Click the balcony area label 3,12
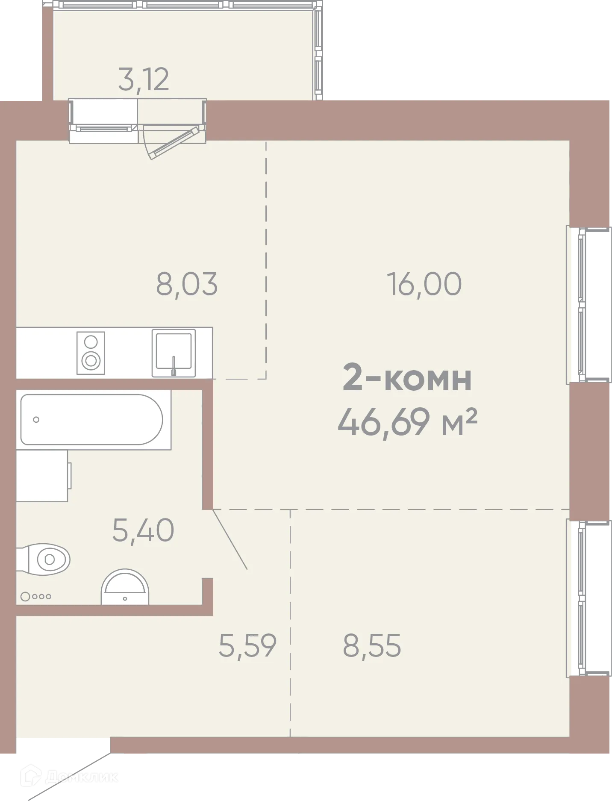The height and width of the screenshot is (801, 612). (144, 80)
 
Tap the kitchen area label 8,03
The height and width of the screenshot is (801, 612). (187, 284)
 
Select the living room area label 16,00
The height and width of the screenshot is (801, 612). (424, 284)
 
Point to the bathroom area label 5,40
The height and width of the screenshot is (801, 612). (143, 530)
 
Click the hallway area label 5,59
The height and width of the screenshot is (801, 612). (247, 645)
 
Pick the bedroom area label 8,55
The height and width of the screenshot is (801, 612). (372, 645)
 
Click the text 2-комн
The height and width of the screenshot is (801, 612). (407, 379)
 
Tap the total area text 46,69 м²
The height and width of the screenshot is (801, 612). (407, 422)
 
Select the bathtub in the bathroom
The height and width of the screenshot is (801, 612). (92, 419)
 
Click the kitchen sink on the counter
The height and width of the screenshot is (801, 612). (174, 353)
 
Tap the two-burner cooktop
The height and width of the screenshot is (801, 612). (91, 353)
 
